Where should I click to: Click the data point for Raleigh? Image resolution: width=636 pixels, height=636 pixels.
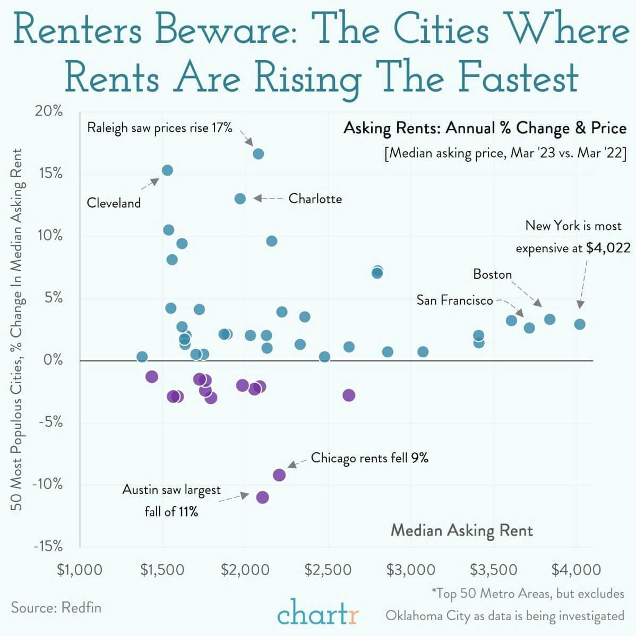pyautogui.click(x=259, y=154)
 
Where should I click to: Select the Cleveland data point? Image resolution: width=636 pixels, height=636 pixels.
pyautogui.click(x=167, y=170)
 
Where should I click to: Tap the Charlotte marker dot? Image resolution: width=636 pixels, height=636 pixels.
pyautogui.click(x=240, y=199)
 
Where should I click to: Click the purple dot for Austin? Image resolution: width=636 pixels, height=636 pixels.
pyautogui.click(x=262, y=497)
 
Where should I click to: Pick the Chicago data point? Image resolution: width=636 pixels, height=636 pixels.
pyautogui.click(x=279, y=475)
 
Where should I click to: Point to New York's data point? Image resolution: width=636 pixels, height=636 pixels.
pyautogui.click(x=580, y=324)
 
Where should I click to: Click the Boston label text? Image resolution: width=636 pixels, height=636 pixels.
pyautogui.click(x=492, y=274)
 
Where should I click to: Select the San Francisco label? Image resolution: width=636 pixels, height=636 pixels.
pyautogui.click(x=454, y=300)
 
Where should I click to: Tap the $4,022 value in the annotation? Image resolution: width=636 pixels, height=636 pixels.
pyautogui.click(x=608, y=248)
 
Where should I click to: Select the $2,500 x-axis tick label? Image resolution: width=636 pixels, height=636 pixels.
pyautogui.click(x=328, y=570)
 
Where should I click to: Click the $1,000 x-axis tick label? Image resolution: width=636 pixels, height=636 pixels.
pyautogui.click(x=80, y=570)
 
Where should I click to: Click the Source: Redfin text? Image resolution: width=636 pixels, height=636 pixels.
pyautogui.click(x=56, y=607)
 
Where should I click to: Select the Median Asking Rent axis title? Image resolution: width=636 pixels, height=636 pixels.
pyautogui.click(x=461, y=530)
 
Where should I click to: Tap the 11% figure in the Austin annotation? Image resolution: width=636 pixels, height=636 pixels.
pyautogui.click(x=188, y=512)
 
